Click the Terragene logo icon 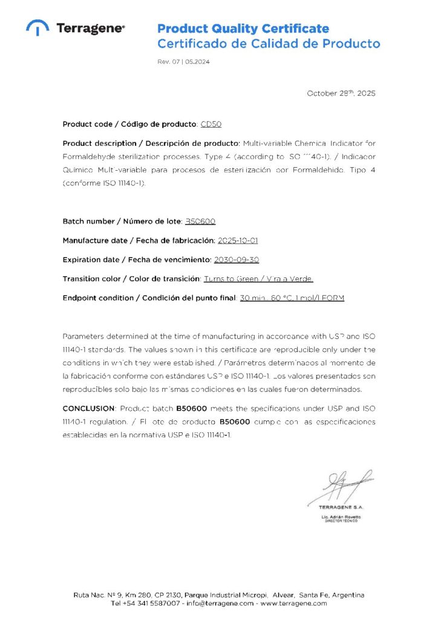(38, 28)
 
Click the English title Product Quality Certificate (243, 28)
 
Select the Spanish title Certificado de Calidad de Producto (269, 44)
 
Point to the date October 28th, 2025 (341, 93)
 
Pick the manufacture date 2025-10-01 (238, 241)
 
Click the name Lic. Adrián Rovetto (341, 516)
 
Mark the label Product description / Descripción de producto (151, 143)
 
